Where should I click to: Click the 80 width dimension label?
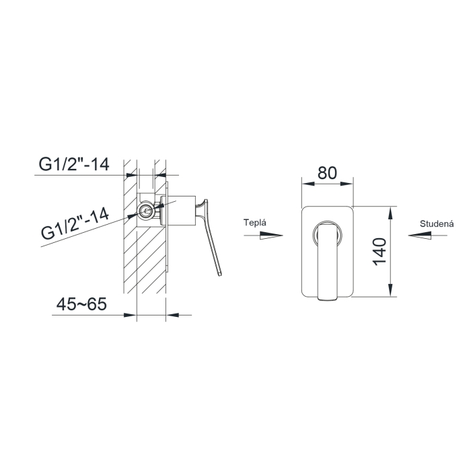pos(327,173)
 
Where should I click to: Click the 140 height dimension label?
pos(379,252)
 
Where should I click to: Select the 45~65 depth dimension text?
pos(81,304)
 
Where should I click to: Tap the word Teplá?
pos(255,223)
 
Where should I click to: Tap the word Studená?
pos(437,224)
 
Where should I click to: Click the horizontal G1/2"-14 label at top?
pos(74,164)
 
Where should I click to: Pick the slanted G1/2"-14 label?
pos(75,224)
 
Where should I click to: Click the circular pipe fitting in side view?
pos(146,211)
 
